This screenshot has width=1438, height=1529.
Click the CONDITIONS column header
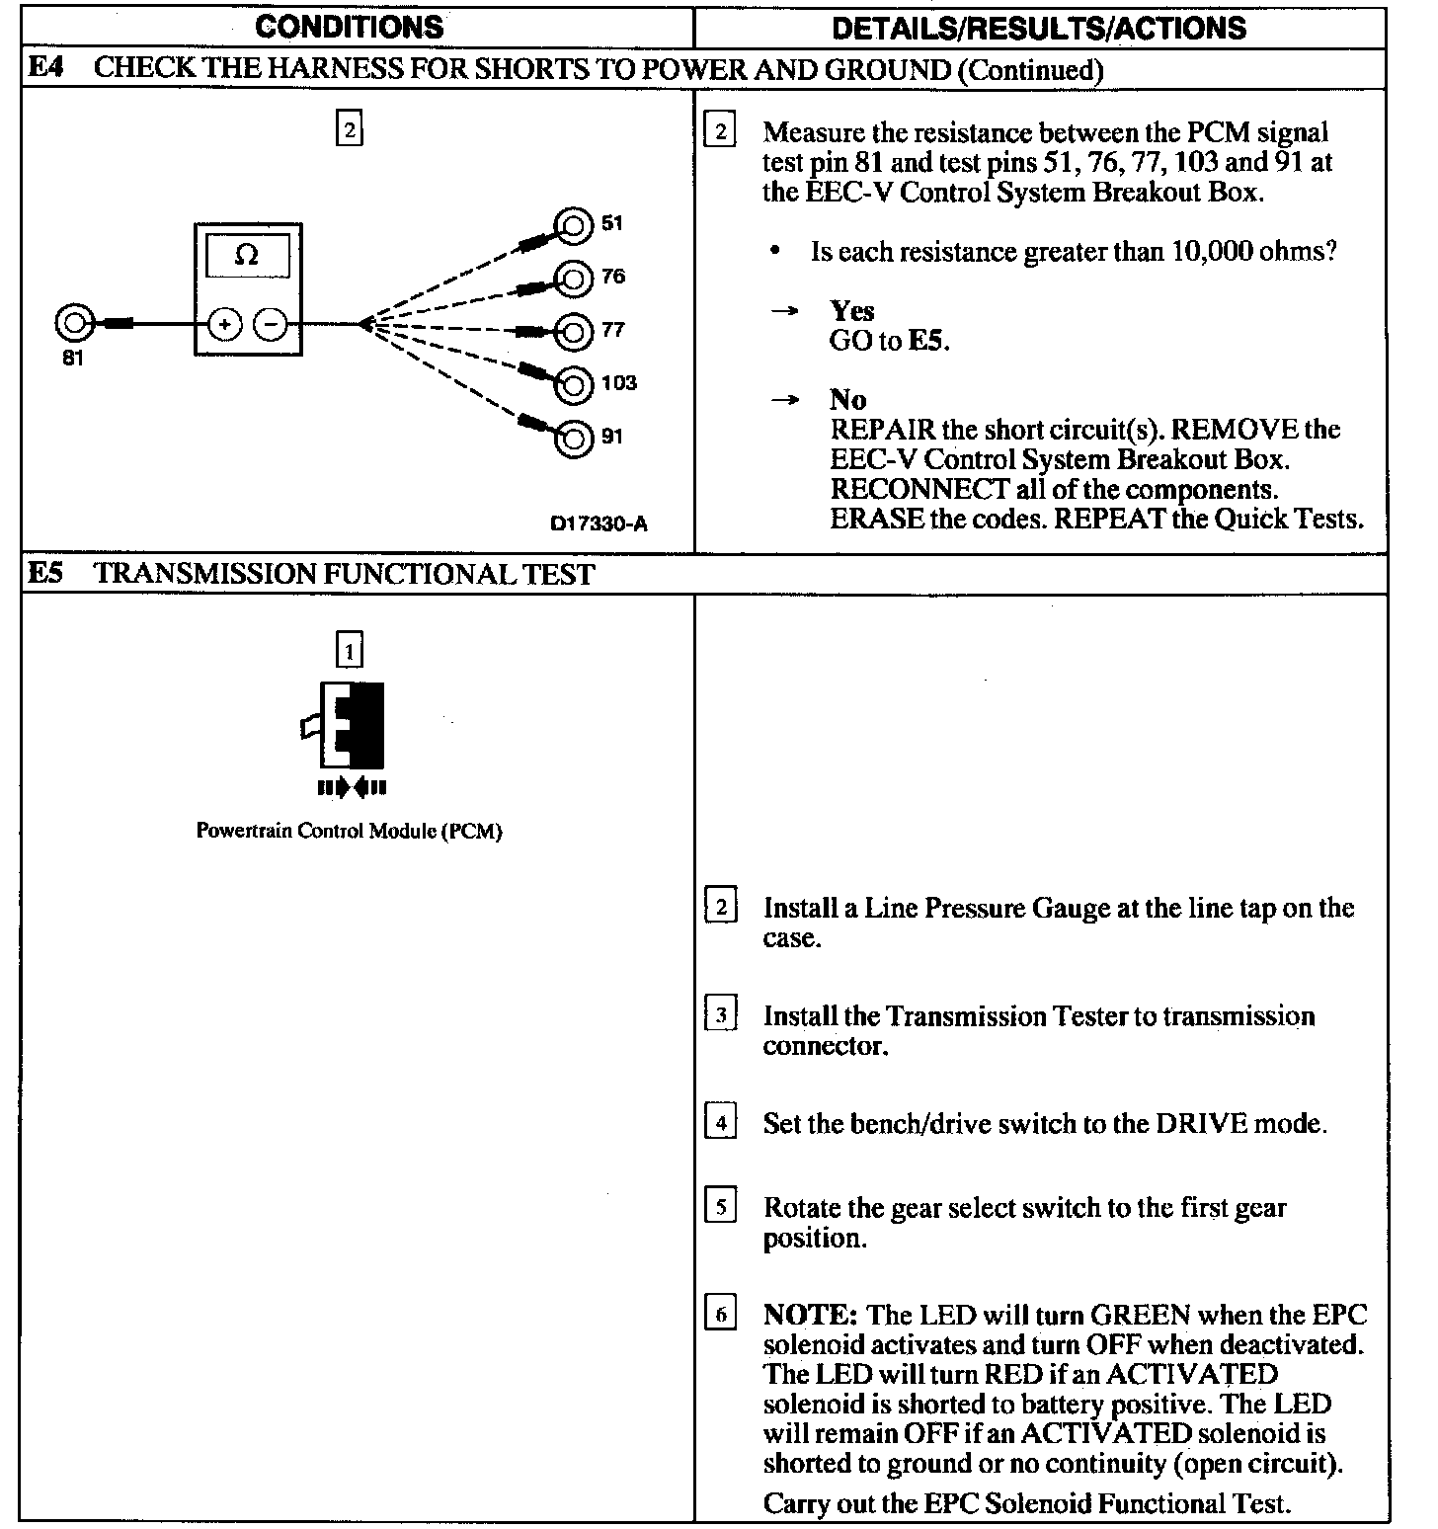350,27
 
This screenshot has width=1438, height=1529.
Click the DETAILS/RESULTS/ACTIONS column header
1039,28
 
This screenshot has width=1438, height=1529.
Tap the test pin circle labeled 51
573,226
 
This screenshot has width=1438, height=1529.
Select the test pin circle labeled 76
573,280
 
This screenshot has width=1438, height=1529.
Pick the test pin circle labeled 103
573,384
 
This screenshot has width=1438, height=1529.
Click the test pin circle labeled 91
573,438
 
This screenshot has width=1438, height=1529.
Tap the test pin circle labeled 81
73,323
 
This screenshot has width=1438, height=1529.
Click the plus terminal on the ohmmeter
224,324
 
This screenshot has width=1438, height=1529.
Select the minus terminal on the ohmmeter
272,324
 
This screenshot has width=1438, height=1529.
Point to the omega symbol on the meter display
247,256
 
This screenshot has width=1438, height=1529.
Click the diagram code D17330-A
599,524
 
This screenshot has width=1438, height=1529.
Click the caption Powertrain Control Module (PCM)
349,831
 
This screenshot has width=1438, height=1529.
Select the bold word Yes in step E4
851,311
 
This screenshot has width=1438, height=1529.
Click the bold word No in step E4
847,400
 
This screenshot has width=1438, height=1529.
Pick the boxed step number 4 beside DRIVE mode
720,1123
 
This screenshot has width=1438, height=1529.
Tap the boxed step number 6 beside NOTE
720,1315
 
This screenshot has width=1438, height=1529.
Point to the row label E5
45,574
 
